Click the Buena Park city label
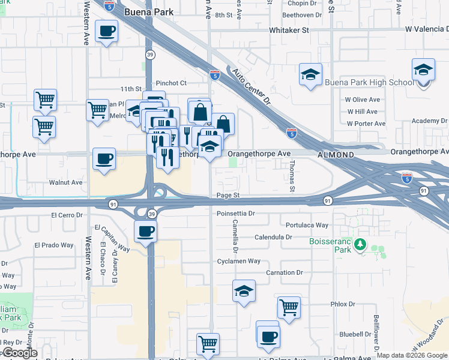coord(148,12)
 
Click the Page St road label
coord(228,196)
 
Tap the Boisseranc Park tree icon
coord(360,244)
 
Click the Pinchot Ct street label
coord(171,83)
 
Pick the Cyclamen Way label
coord(238,261)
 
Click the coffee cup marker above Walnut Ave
coord(104,159)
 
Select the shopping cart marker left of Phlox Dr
coord(289,307)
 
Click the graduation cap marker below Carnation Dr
coord(244,291)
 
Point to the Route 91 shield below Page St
coord(328,201)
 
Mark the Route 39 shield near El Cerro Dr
coord(152,214)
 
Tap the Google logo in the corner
coord(19,353)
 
